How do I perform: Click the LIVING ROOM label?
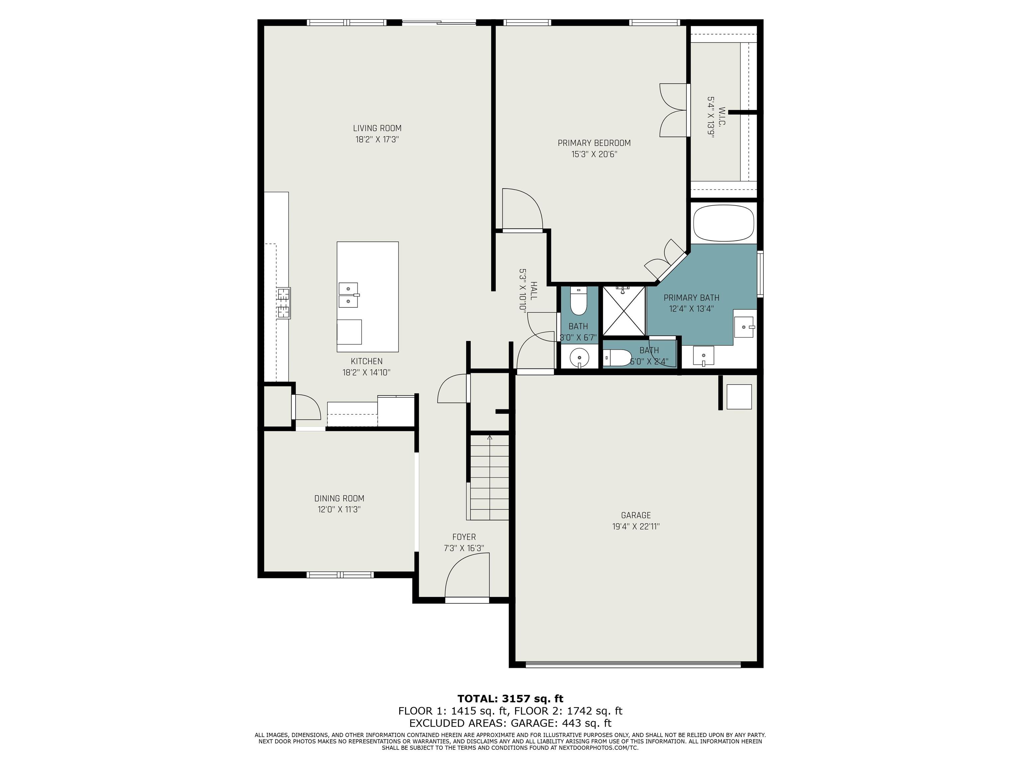(377, 128)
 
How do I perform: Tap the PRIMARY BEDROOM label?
(594, 143)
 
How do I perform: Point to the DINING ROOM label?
(339, 498)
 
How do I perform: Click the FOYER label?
(464, 537)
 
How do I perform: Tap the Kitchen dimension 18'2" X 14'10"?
(367, 373)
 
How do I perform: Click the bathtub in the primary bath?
(723, 223)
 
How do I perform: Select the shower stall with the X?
(624, 311)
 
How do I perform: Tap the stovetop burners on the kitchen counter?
(284, 303)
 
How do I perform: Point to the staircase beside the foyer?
(489, 478)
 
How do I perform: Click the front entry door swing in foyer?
(467, 576)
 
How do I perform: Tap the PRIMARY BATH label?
(691, 298)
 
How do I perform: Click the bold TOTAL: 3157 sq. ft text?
(510, 699)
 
